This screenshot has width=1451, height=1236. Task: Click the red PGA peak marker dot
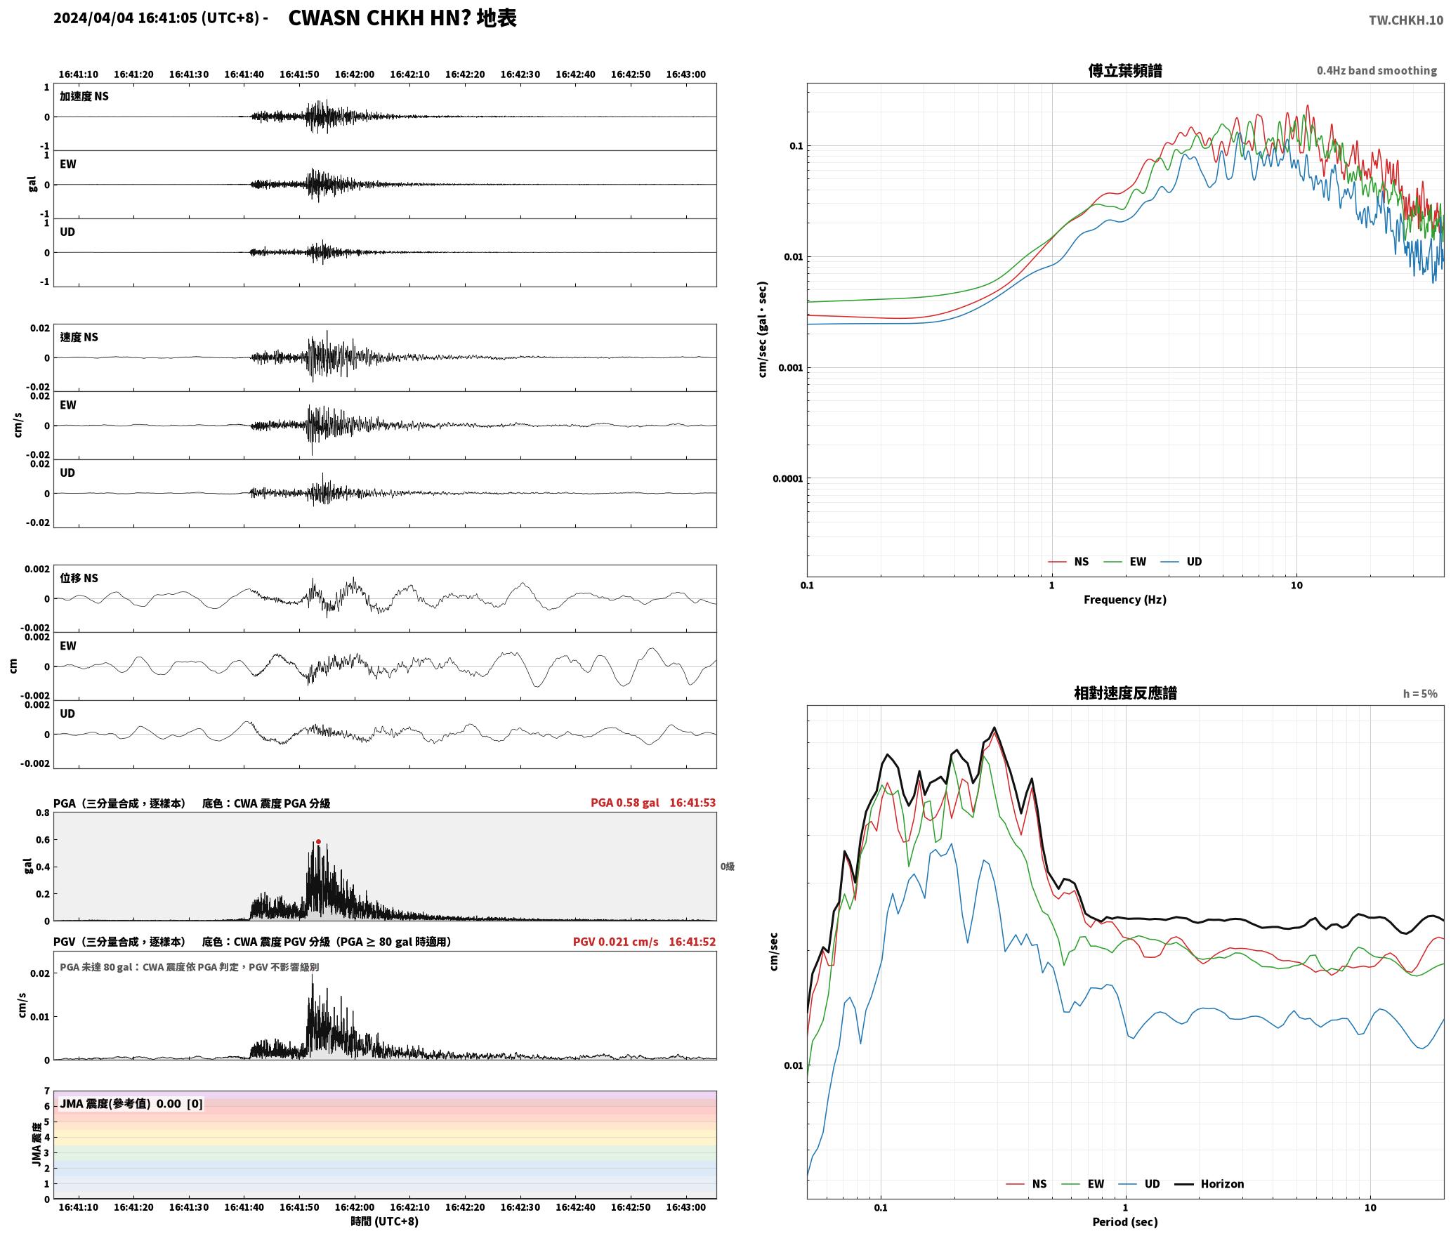(x=318, y=841)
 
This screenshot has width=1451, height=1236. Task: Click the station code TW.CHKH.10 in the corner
(x=1406, y=20)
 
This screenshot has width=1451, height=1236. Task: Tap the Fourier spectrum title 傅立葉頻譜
(x=1124, y=71)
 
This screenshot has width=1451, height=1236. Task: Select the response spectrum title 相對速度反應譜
(x=1125, y=693)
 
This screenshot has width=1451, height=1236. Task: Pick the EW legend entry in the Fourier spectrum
(x=1125, y=561)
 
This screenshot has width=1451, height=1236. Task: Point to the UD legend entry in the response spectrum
(x=1140, y=1183)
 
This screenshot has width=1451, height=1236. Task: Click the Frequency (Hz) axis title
(x=1124, y=599)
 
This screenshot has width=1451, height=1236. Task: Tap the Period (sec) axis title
(x=1124, y=1221)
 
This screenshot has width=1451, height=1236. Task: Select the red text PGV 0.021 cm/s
(x=615, y=941)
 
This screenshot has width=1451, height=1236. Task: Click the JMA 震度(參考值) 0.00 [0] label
(x=131, y=1103)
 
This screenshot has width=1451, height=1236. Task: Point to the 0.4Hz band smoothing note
(x=1377, y=70)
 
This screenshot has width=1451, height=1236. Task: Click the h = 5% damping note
(x=1420, y=693)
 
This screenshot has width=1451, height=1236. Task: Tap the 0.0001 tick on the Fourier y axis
(x=787, y=479)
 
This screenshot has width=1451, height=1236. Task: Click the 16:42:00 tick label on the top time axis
(x=355, y=74)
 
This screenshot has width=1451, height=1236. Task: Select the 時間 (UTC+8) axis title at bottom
(x=385, y=1221)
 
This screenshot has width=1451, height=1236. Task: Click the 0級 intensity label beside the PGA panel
(x=727, y=867)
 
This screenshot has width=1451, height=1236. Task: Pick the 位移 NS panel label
(x=79, y=578)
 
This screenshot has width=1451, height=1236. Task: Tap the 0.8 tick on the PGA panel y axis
(x=42, y=813)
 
